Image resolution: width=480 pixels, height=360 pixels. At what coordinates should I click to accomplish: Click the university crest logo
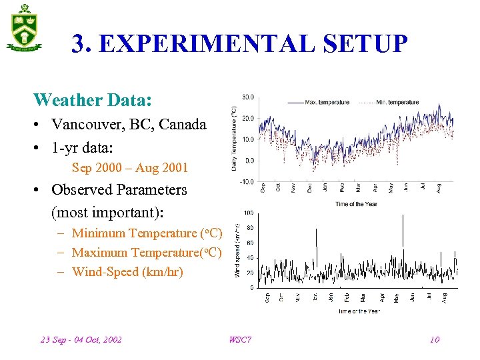click(25, 27)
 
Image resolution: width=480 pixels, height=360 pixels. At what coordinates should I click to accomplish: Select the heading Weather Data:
click(93, 100)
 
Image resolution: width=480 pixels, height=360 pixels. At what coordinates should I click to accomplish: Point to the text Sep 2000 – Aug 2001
click(130, 168)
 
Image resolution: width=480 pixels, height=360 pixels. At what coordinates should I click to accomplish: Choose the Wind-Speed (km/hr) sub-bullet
click(127, 271)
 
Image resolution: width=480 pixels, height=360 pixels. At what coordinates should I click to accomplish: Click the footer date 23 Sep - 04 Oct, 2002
click(81, 339)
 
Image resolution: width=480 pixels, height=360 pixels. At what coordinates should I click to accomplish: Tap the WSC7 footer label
click(240, 339)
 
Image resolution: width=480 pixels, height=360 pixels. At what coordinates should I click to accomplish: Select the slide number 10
click(435, 339)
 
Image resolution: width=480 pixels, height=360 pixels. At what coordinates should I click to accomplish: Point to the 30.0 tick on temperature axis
click(247, 97)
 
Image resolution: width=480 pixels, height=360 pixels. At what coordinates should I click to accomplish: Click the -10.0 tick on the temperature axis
click(246, 181)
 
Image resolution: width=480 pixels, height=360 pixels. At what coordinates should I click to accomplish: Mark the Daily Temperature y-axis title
click(234, 138)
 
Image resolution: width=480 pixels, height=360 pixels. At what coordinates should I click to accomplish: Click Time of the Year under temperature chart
click(357, 203)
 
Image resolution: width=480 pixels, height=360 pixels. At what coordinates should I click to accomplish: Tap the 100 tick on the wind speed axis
click(248, 213)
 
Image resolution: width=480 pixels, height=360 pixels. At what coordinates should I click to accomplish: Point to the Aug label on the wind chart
click(444, 297)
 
